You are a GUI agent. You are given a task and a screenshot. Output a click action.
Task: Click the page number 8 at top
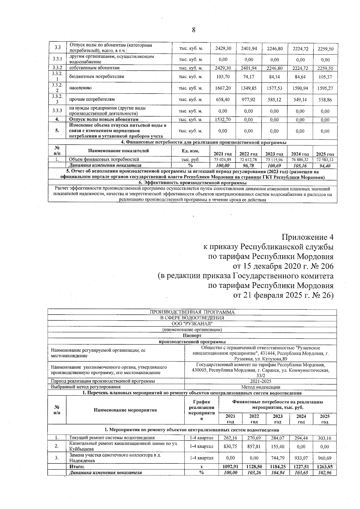tap(193, 30)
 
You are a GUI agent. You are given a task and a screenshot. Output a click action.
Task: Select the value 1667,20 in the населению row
tap(223, 88)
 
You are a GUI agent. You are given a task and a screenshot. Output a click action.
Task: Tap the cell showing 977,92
tap(249, 100)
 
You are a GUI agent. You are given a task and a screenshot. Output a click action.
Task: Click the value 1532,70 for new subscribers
tap(223, 120)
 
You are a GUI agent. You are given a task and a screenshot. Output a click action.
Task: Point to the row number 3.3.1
tap(57, 59)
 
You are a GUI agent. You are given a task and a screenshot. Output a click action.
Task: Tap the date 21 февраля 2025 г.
tap(274, 295)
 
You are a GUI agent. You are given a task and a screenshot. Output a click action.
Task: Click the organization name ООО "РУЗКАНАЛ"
tap(192, 323)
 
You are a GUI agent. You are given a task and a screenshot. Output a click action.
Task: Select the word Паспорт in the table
tap(192, 336)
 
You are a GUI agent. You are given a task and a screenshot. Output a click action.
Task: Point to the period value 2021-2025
tap(260, 381)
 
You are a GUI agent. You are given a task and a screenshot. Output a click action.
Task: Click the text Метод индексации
tap(260, 387)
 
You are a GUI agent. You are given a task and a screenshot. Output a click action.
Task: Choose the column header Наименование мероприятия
tap(125, 410)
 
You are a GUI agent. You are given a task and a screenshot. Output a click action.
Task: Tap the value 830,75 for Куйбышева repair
tap(230, 446)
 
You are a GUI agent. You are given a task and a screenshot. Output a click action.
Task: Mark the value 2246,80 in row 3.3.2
tap(274, 68)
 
